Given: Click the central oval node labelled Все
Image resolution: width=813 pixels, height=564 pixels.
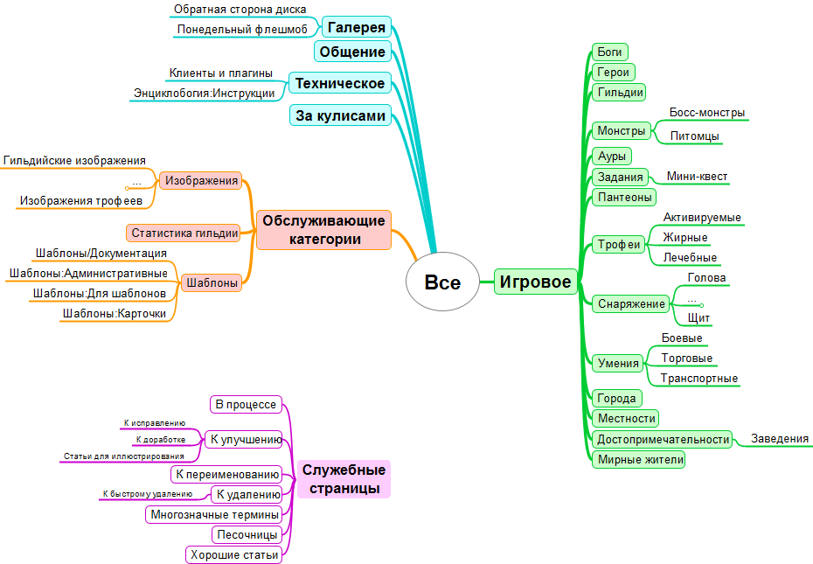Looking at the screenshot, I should [442, 282].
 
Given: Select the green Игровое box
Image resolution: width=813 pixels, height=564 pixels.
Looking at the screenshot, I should [536, 282].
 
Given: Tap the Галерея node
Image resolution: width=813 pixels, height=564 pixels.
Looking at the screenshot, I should [357, 27].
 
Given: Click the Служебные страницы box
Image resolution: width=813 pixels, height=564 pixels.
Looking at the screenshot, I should [344, 479].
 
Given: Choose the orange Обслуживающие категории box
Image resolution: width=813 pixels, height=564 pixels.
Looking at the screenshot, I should [323, 229].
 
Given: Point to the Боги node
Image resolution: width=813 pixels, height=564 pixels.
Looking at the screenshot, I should [608, 52].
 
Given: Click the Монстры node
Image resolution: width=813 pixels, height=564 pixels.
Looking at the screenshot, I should [621, 131].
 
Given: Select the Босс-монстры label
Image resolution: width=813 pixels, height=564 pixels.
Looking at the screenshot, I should [707, 113].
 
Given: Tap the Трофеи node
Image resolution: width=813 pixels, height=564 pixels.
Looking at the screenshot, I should [619, 245].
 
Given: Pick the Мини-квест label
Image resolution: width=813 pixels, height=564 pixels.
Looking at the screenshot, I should [697, 177].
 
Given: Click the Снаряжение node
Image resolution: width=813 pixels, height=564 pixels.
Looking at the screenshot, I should [630, 303].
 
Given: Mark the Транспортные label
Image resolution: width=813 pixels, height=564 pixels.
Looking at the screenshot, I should [699, 379].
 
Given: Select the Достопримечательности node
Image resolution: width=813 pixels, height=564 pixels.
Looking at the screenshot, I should [663, 439].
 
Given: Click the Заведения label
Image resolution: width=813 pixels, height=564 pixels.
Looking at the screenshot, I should [780, 439].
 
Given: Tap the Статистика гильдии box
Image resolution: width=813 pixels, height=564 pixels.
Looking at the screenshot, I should [184, 233].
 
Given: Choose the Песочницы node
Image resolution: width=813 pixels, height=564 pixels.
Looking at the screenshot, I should [247, 534].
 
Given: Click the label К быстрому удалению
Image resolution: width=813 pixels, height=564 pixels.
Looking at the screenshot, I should [147, 494].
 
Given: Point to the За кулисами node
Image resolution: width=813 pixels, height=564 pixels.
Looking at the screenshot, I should [340, 115].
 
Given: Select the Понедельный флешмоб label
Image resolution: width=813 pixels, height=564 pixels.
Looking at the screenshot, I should [242, 29].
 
